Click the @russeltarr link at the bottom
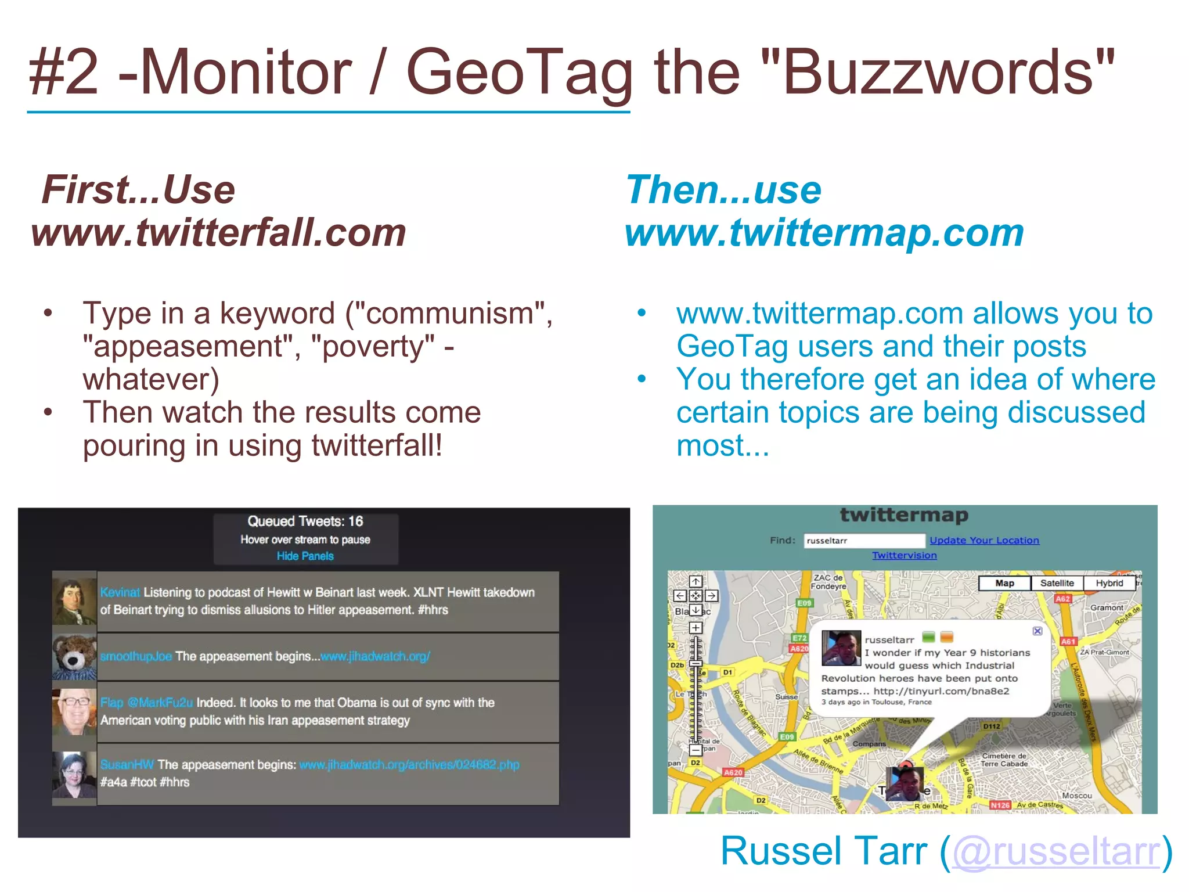[x=1056, y=851]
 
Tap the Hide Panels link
[x=305, y=556]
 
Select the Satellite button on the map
[x=1057, y=583]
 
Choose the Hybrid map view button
[x=1109, y=583]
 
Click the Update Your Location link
[x=984, y=540]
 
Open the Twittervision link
[x=904, y=555]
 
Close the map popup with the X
[x=1037, y=631]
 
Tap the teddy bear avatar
[x=74, y=656]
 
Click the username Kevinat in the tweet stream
[x=120, y=592]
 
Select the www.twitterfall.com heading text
[x=219, y=232]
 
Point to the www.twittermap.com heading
[x=824, y=232]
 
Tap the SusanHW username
[x=127, y=765]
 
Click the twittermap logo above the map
[x=904, y=515]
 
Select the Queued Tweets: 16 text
[x=305, y=521]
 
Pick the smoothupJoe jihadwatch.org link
[x=375, y=656]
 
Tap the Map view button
[x=1004, y=583]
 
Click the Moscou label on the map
[x=1076, y=796]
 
